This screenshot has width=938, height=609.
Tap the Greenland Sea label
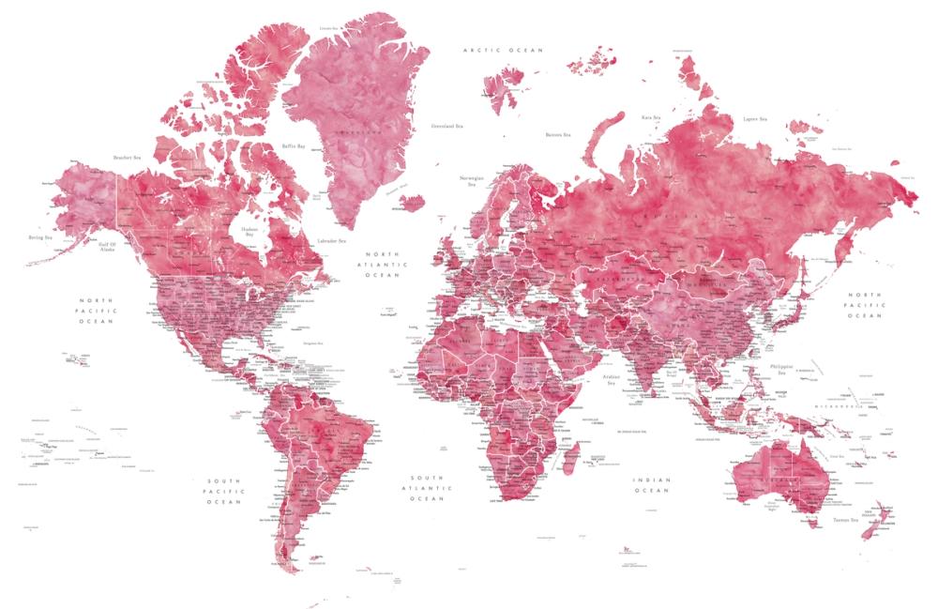click(x=447, y=126)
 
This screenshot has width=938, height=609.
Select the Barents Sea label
click(x=558, y=135)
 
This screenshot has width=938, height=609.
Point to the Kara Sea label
click(x=652, y=117)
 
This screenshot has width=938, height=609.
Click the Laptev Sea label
click(x=755, y=119)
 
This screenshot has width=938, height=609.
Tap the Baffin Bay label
click(x=294, y=145)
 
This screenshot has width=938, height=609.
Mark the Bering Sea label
click(x=38, y=240)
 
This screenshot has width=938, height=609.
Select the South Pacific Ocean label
click(x=224, y=491)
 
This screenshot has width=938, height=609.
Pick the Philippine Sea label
click(x=780, y=369)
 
